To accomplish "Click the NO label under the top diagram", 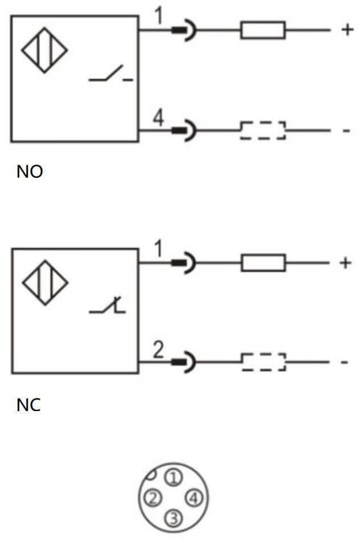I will tap(30, 171).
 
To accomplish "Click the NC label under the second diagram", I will tap(28, 405).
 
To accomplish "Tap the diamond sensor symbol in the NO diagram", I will tap(44, 50).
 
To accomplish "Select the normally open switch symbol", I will tap(111, 75).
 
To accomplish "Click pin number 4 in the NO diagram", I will tap(158, 118).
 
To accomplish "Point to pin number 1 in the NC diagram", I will tap(158, 249).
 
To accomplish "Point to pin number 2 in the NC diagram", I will tap(158, 350).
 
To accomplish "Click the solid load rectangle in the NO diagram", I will tap(263, 30).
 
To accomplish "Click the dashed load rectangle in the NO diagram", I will tap(263, 130).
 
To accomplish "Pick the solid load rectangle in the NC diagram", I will tap(263, 262).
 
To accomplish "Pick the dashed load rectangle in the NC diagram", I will tap(263, 362).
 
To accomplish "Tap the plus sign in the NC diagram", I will tap(345, 262).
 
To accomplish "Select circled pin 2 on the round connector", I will tap(152, 498).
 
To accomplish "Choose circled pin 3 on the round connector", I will tap(174, 518).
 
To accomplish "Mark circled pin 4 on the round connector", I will tap(195, 498).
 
